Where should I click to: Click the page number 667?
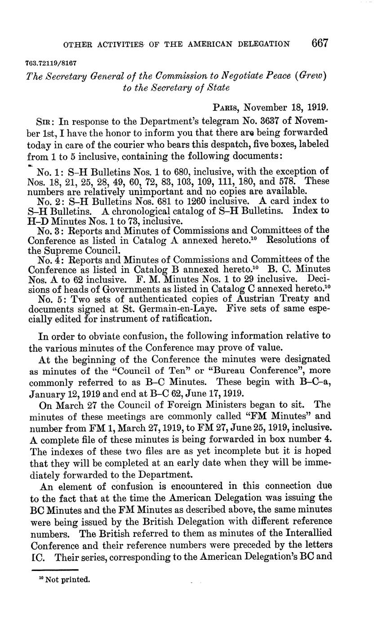pos(320,43)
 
